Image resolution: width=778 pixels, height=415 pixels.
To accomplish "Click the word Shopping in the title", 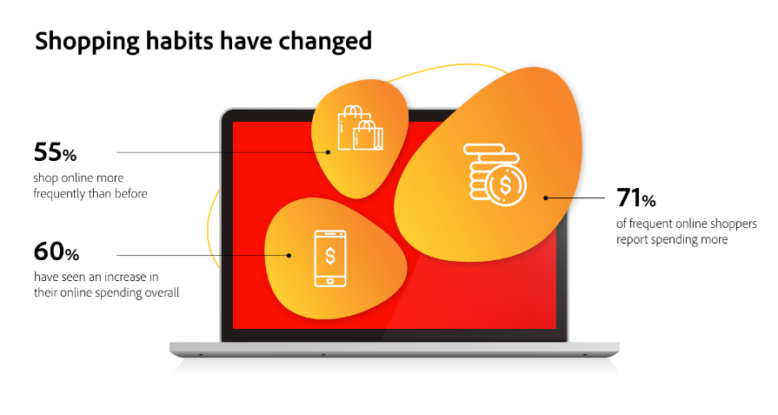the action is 87,41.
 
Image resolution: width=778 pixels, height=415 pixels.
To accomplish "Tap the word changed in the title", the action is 324,41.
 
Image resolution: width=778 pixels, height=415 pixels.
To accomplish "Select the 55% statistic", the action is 55,152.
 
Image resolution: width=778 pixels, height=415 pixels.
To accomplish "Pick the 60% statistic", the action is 56,251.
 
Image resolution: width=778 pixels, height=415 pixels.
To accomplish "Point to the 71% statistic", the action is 636,197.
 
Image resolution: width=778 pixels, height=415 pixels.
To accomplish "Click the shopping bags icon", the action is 360,128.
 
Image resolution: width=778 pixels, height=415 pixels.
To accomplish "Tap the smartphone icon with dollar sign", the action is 330,258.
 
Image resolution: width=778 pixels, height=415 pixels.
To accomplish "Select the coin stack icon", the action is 495,175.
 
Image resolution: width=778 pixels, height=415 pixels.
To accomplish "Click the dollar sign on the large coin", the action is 505,185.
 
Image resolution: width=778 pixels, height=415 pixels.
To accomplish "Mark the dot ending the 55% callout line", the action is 328,152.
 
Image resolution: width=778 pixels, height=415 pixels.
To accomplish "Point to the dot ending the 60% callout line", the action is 289,256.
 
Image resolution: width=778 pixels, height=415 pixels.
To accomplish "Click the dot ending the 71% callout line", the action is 546,197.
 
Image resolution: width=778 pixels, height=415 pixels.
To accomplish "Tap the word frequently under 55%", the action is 58,194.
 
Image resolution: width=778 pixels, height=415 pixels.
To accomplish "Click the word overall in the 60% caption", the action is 162,292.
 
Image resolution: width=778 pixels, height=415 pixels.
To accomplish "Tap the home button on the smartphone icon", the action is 330,282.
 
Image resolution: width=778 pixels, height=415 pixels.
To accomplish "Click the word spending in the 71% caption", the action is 671,240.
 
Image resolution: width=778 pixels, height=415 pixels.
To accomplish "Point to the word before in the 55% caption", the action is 131,193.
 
